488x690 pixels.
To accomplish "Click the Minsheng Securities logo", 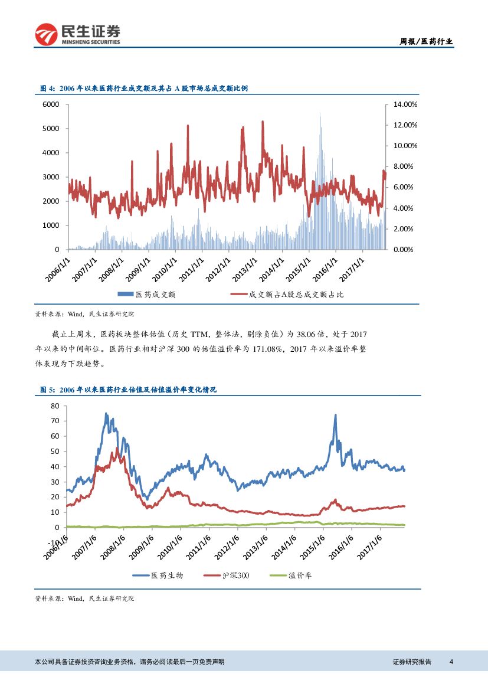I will coord(77,34).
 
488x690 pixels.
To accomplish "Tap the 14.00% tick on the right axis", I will coord(405,104).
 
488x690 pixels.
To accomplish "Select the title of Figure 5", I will coord(128,390).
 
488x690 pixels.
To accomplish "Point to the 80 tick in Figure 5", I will coord(55,406).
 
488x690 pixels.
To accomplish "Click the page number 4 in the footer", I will coord(451,662).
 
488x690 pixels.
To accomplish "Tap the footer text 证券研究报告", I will coord(412,662).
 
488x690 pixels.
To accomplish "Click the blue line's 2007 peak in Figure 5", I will coord(106,414).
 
